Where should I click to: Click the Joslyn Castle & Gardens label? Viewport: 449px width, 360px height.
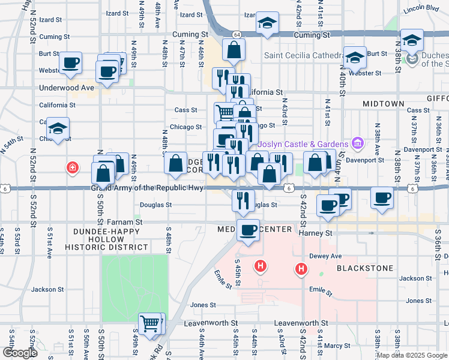303,144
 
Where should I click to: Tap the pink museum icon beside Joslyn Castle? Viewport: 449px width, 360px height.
358,143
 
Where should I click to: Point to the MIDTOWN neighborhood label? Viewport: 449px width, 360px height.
384,104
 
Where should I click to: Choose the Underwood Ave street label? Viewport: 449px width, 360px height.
67,88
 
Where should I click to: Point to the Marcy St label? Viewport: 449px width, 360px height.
338,346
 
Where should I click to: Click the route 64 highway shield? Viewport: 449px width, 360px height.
238,34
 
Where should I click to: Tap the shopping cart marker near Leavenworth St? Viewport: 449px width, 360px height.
150,324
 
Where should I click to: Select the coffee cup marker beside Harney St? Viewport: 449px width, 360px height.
249,230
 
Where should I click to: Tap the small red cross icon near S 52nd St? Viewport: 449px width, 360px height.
73,167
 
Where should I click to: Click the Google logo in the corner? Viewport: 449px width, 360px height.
19,353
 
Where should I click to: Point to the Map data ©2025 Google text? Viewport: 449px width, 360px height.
412,355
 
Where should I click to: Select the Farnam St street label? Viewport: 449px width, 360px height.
129,221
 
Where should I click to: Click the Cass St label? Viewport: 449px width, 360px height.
185,110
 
